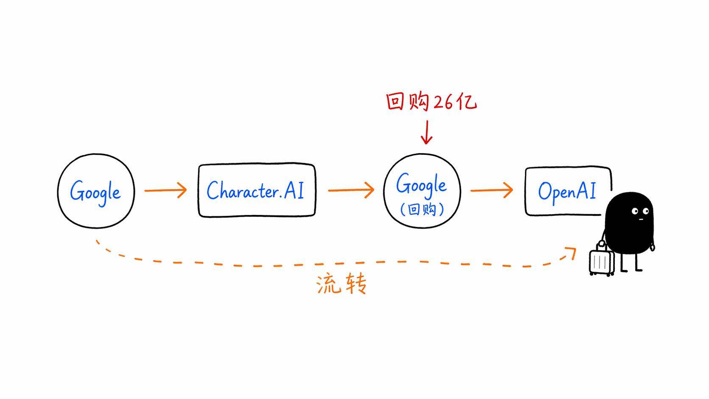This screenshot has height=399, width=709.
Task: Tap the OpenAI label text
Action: (x=567, y=192)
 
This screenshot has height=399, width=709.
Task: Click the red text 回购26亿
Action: (x=431, y=102)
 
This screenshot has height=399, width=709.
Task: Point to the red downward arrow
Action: (x=427, y=132)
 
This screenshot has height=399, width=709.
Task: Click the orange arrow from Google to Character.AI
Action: (x=165, y=190)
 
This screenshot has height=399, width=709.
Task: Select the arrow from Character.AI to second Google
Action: (x=351, y=190)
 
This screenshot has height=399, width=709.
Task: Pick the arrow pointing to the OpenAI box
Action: (x=491, y=190)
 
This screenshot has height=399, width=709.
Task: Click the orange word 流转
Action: (x=341, y=283)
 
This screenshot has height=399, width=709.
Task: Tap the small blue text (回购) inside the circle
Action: (x=422, y=209)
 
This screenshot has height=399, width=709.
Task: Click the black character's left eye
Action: (x=635, y=211)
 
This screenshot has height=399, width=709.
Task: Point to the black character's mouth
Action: (x=641, y=219)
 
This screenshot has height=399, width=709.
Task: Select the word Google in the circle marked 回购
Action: (x=421, y=184)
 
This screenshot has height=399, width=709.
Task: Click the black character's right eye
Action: (x=646, y=211)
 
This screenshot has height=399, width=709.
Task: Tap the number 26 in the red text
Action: (x=442, y=102)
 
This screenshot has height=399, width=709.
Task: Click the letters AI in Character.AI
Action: (x=294, y=190)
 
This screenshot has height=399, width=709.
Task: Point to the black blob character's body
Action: (x=629, y=223)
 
